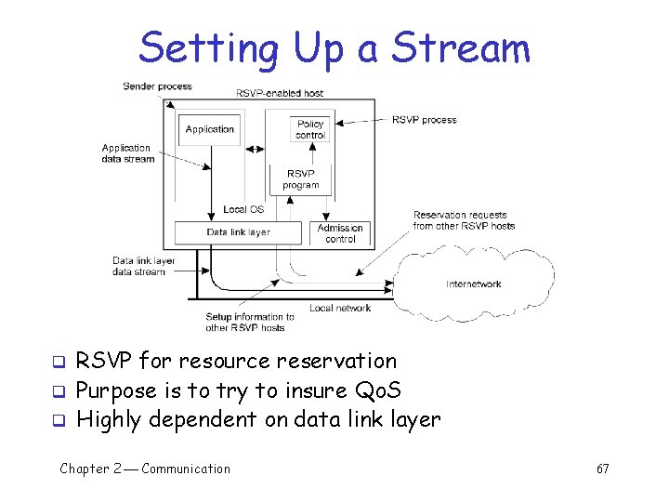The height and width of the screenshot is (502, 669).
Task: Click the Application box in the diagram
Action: (x=210, y=129)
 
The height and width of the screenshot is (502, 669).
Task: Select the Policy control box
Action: (x=310, y=129)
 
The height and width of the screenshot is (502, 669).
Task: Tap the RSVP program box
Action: (x=301, y=178)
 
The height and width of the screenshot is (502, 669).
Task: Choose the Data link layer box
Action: (x=239, y=232)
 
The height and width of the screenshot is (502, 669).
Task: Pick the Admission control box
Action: (x=340, y=232)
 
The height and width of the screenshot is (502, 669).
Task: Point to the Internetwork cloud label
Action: (x=474, y=284)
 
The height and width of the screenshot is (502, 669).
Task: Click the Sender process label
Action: (x=157, y=86)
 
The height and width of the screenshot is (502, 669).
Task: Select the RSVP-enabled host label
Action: (x=280, y=93)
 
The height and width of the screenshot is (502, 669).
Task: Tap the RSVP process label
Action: (x=425, y=119)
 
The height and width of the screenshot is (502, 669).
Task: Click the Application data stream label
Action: (x=126, y=153)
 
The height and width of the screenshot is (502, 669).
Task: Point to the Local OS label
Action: (x=243, y=209)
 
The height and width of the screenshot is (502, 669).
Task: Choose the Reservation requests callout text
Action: (x=464, y=220)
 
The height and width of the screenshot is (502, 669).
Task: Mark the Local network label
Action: (x=340, y=308)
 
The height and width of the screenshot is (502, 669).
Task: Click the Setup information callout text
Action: (x=250, y=322)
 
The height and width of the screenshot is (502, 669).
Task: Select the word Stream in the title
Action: (x=461, y=47)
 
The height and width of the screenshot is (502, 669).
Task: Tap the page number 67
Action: (x=602, y=469)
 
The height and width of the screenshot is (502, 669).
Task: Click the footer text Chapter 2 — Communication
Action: (x=145, y=469)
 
